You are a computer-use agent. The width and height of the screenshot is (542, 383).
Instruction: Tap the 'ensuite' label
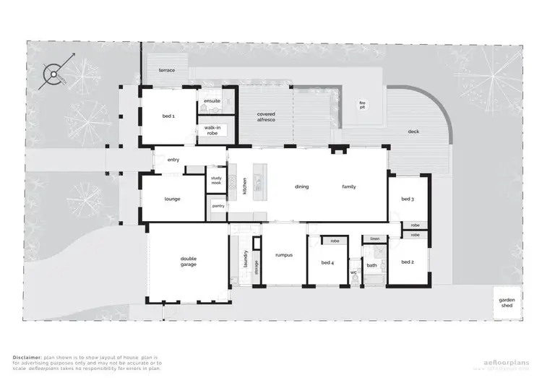pyautogui.click(x=212, y=100)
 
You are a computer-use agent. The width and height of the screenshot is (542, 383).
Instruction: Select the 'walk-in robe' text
pyautogui.click(x=212, y=131)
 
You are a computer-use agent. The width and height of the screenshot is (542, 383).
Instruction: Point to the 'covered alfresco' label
pyautogui.click(x=266, y=118)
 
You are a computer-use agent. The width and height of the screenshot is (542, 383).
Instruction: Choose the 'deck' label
pyautogui.click(x=413, y=132)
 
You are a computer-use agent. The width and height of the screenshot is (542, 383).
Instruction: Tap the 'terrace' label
pyautogui.click(x=167, y=70)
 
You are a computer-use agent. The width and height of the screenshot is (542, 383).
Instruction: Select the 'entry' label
pyautogui.click(x=173, y=160)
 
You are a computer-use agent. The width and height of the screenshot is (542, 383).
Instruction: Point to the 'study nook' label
pyautogui.click(x=216, y=181)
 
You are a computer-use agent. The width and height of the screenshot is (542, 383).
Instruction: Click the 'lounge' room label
pyautogui.click(x=172, y=199)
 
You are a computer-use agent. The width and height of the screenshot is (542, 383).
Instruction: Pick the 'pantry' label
pyautogui.click(x=218, y=206)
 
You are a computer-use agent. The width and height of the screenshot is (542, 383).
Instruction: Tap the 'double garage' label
pyautogui.click(x=189, y=262)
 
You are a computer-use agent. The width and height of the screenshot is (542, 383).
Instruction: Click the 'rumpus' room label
pyautogui.click(x=283, y=254)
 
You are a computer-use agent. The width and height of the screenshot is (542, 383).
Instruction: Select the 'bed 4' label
pyautogui.click(x=327, y=262)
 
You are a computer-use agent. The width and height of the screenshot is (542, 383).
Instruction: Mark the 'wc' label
pyautogui.click(x=353, y=272)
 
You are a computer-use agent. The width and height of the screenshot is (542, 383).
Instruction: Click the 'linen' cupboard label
pyautogui.click(x=374, y=238)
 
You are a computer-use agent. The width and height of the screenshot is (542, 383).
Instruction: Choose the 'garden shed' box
pyautogui.click(x=506, y=303)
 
